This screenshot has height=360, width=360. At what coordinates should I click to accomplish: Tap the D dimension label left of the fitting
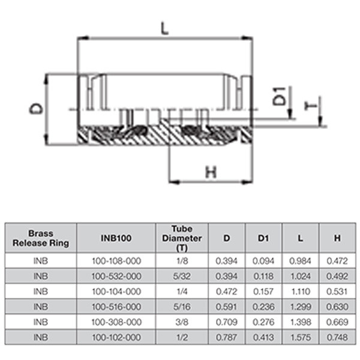[x=37, y=109]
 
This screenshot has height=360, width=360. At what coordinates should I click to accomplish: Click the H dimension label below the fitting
[x=211, y=173]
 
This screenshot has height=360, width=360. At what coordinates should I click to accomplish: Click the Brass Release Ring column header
[x=41, y=238]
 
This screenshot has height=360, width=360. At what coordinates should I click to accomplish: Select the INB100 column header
[x=116, y=238]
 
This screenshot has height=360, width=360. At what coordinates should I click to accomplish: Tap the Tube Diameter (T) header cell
[x=182, y=238]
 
